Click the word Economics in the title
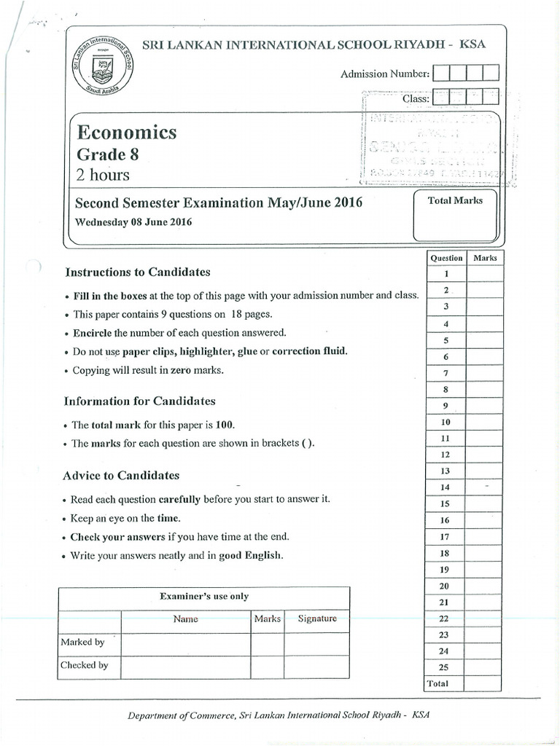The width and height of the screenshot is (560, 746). click(x=128, y=133)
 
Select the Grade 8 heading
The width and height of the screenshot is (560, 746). click(x=107, y=154)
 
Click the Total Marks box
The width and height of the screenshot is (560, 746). click(x=456, y=215)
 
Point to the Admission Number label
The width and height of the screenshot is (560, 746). click(x=384, y=74)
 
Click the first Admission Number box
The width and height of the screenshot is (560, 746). click(x=440, y=73)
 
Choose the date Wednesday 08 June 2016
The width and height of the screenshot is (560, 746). click(x=133, y=222)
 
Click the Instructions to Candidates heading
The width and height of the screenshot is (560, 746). click(x=138, y=272)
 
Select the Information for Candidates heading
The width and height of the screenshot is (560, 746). click(x=140, y=401)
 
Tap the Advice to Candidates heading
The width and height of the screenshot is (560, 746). click(x=122, y=476)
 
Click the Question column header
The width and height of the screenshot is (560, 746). click(x=446, y=258)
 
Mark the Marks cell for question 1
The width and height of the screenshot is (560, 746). click(x=485, y=274)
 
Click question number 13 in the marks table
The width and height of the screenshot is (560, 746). click(x=446, y=471)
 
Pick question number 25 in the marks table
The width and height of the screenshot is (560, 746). click(x=446, y=667)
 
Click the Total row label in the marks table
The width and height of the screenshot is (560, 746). click(x=438, y=683)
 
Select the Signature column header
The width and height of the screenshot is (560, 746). click(x=317, y=619)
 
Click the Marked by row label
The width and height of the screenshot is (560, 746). click(x=82, y=642)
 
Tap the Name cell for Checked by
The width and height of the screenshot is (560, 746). click(x=186, y=665)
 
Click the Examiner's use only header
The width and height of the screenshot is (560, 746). click(x=204, y=596)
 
